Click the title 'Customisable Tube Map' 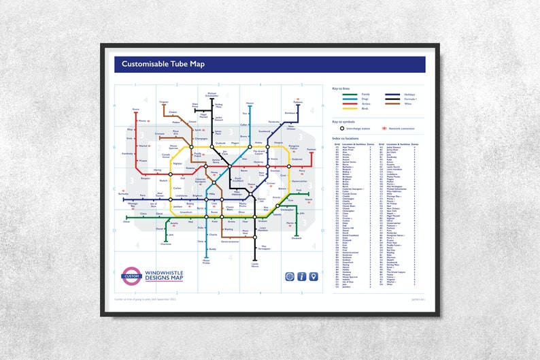163,65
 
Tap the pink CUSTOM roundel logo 131,276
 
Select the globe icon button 289,276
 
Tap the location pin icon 313,276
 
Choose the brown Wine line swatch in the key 392,103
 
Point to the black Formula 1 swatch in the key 392,99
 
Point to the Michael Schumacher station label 212,95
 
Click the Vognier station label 163,101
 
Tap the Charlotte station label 165,243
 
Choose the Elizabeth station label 296,238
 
